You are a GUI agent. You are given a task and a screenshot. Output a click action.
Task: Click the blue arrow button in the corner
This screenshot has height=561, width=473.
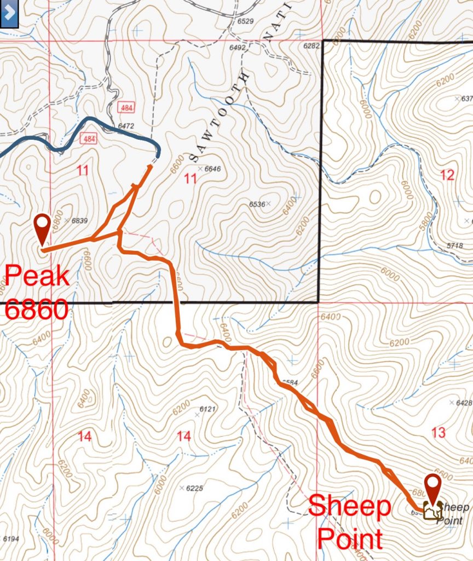click(10, 14)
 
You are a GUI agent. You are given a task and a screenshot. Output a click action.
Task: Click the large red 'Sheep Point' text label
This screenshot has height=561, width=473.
click(349, 523)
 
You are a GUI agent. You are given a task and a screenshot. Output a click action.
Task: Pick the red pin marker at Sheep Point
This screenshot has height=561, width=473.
click(434, 489)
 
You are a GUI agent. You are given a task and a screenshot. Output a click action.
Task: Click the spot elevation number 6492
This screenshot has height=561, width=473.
click(238, 48)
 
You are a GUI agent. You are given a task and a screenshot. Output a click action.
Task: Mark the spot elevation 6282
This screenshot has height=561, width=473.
click(311, 47)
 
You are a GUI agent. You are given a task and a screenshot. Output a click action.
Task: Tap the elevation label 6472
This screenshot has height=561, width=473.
click(126, 126)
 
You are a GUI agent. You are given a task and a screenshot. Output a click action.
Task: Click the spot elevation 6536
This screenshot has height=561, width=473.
click(257, 204)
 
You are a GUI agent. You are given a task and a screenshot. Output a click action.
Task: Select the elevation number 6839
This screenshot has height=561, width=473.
click(79, 220)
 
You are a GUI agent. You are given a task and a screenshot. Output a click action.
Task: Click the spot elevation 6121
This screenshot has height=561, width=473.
click(208, 409)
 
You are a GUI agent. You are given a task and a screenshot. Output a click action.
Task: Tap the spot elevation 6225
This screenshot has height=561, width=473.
click(194, 488)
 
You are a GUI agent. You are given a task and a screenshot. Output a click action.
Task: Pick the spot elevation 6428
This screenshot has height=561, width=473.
click(463, 403)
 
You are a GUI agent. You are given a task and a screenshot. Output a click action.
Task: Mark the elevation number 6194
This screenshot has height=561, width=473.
click(11, 539)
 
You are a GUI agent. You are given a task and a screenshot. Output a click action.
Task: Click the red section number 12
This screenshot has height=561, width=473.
click(447, 175)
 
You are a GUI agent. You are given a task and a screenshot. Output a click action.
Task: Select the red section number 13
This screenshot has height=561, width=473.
click(439, 433)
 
